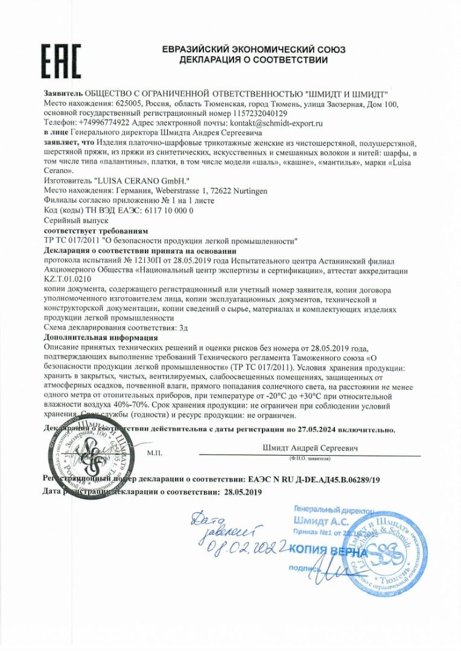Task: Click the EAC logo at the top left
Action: pyautogui.click(x=60, y=60)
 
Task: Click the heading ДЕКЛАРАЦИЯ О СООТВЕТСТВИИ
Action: pyautogui.click(x=253, y=60)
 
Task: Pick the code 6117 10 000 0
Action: pyautogui.click(x=164, y=210)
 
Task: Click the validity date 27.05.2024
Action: pyautogui.click(x=319, y=430)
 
